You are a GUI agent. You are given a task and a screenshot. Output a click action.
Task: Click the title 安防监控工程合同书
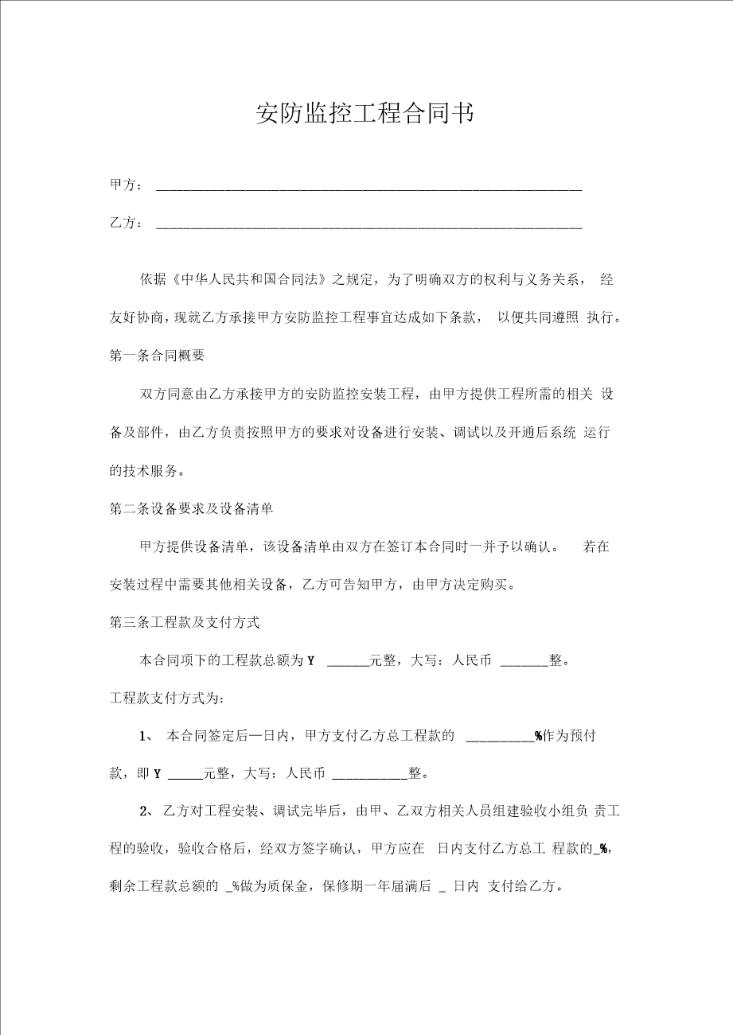365,113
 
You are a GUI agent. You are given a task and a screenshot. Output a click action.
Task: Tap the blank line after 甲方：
369,189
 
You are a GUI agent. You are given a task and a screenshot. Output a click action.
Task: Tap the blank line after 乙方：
369,226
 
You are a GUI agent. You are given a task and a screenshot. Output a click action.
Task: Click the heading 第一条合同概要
157,356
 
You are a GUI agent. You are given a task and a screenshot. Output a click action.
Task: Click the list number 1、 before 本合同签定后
147,736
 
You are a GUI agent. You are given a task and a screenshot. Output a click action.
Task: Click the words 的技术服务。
147,471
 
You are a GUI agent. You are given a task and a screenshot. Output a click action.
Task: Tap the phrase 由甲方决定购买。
464,585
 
